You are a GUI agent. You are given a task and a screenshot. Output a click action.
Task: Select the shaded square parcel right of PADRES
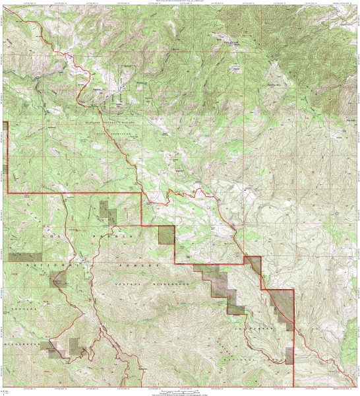[x=166, y=235]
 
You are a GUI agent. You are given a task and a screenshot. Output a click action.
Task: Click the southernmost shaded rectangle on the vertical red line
[x=289, y=355]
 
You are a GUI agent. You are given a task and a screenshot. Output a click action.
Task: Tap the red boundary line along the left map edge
[x=7, y=158]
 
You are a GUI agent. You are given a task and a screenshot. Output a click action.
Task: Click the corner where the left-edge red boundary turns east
[x=7, y=193]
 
